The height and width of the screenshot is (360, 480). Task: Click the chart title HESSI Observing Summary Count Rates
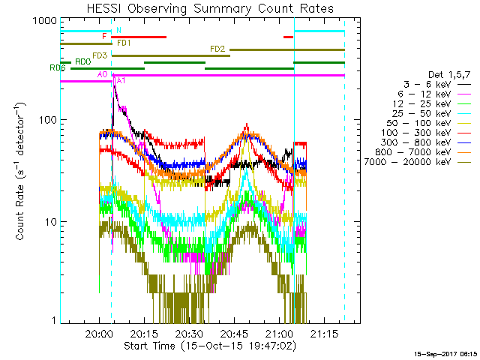pyautogui.click(x=209, y=9)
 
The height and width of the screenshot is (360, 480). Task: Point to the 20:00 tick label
pyautogui.click(x=99, y=334)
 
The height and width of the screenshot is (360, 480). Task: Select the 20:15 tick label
pyautogui.click(x=144, y=334)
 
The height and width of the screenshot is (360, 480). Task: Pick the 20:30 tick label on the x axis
pyautogui.click(x=189, y=334)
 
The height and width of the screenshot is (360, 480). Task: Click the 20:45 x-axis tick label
pyautogui.click(x=234, y=334)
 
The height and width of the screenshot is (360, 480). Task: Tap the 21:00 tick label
pyautogui.click(x=279, y=334)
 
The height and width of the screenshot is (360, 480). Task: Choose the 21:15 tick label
pyautogui.click(x=324, y=334)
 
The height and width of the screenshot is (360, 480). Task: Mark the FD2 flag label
pyautogui.click(x=218, y=49)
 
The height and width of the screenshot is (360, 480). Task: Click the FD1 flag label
pyautogui.click(x=124, y=43)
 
